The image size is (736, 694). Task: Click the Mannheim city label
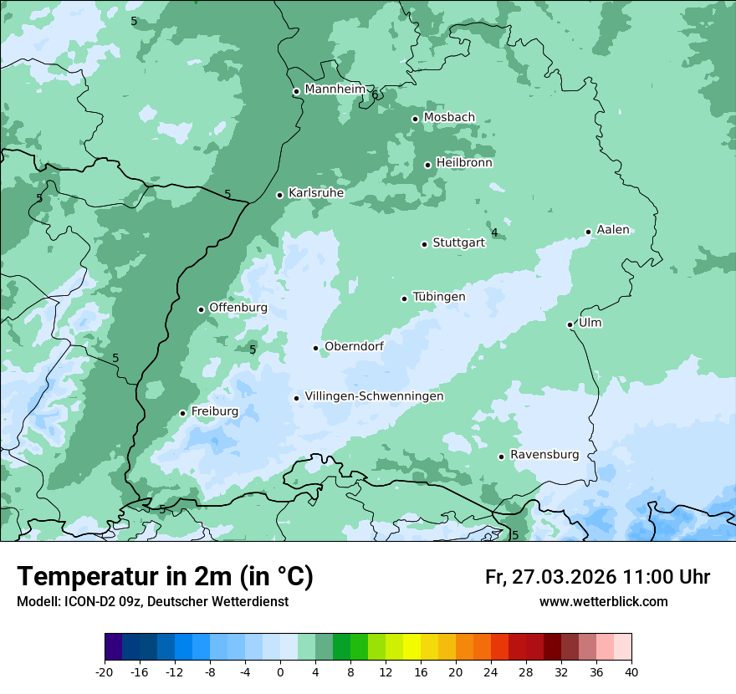[x=335, y=89]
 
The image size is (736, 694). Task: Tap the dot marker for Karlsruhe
[x=280, y=195]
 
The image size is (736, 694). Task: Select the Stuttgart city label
[x=458, y=243]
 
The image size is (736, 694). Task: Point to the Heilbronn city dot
[x=428, y=165]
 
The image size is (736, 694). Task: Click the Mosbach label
[x=449, y=118]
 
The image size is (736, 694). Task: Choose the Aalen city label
[x=613, y=230]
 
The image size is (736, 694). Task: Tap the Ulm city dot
[x=570, y=324]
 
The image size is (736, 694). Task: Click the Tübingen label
[x=439, y=297]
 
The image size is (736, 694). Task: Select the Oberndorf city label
[x=354, y=346]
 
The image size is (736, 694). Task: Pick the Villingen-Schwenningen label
[x=374, y=396]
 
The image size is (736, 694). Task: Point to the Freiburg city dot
[x=182, y=413]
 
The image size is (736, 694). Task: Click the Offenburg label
[x=238, y=308]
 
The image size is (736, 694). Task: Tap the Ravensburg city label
[x=544, y=455]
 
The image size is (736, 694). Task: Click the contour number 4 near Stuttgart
[x=494, y=232]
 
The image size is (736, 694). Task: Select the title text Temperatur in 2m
[x=166, y=577]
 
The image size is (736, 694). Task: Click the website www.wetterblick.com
[x=603, y=602]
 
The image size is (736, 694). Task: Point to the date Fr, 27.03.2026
[x=550, y=577]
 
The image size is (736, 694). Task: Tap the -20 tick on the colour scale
[x=105, y=671]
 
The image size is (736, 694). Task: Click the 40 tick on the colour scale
[x=631, y=671]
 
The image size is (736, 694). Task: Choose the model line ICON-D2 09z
[x=152, y=602]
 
